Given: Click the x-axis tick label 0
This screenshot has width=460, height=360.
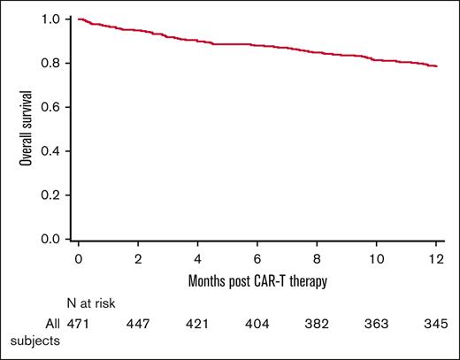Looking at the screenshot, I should click(79, 258).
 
